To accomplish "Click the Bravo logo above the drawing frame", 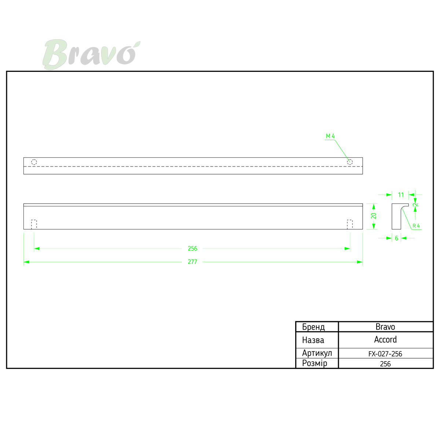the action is click(91, 54).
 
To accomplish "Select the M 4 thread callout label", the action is click(330, 136).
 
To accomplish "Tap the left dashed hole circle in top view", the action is click(34, 162).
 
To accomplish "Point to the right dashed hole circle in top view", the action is click(350, 162).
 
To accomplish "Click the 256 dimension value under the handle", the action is click(192, 249).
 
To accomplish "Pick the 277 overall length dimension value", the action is click(192, 262).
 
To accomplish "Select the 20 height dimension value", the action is click(374, 216).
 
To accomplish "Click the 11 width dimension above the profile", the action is click(401, 195).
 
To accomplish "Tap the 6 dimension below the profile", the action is click(397, 238).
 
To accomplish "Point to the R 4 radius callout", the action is click(416, 226).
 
